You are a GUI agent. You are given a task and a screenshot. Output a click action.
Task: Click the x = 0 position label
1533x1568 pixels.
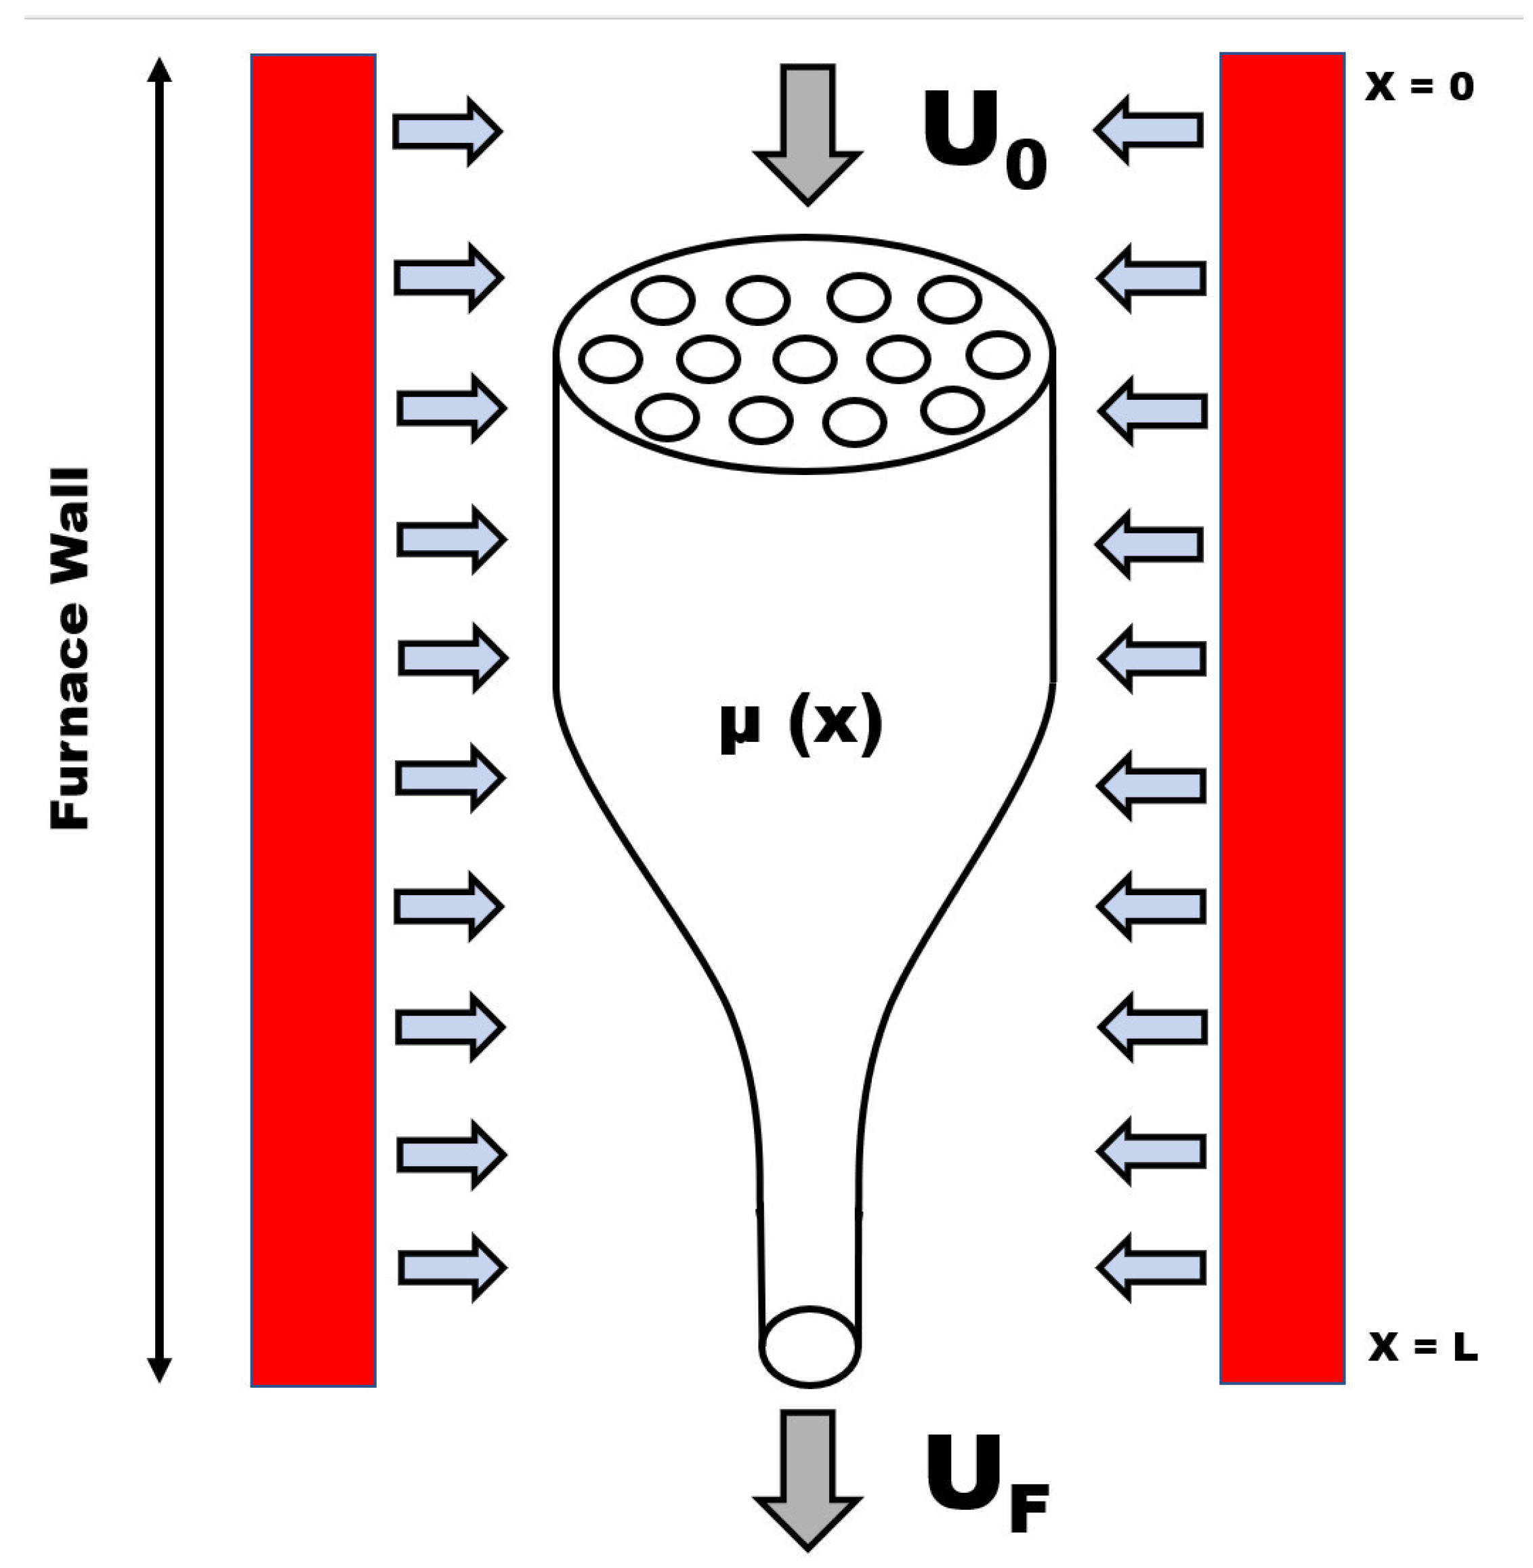tap(1419, 86)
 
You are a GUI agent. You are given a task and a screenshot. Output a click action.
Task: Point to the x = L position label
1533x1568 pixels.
tap(1423, 1346)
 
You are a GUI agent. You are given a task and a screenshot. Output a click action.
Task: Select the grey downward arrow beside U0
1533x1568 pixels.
tap(807, 133)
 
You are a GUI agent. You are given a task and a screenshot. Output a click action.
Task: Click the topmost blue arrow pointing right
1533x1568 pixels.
tap(447, 131)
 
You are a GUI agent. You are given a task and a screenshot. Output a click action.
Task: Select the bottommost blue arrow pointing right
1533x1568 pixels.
tap(451, 1268)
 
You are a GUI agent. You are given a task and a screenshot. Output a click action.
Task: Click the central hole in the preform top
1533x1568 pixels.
tap(804, 358)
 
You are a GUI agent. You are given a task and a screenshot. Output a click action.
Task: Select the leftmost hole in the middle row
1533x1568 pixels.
tap(610, 358)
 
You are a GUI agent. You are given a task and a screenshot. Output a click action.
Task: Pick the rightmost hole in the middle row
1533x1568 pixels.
tap(999, 354)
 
